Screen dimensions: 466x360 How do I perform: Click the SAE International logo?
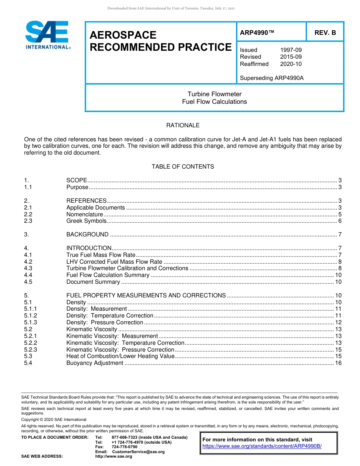pos(47,35)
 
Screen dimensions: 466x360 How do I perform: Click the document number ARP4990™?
pos(257,33)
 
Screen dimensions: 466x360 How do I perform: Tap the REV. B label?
pos(325,33)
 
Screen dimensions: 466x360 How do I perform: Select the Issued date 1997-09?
pos(291,50)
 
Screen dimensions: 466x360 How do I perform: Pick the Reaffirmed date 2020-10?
pos(291,64)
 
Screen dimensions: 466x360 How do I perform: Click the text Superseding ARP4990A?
pos(272,78)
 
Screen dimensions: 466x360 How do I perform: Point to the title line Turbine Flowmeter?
pos(214,94)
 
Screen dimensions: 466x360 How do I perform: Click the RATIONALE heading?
pos(183,125)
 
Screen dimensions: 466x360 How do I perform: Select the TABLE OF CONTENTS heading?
pos(183,167)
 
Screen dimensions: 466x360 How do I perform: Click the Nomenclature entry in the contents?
pos(85,214)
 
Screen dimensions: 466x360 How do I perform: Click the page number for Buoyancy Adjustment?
pos(338,363)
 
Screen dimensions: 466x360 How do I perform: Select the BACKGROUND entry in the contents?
pos(87,235)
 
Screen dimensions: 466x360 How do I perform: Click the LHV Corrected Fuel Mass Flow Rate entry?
pos(114,262)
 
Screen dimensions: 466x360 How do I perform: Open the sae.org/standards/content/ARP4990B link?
pos(262,446)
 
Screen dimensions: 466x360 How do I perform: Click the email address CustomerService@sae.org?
pos(138,452)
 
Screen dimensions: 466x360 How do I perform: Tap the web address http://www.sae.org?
pos(113,457)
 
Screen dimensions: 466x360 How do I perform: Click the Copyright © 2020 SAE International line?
pos(54,419)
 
